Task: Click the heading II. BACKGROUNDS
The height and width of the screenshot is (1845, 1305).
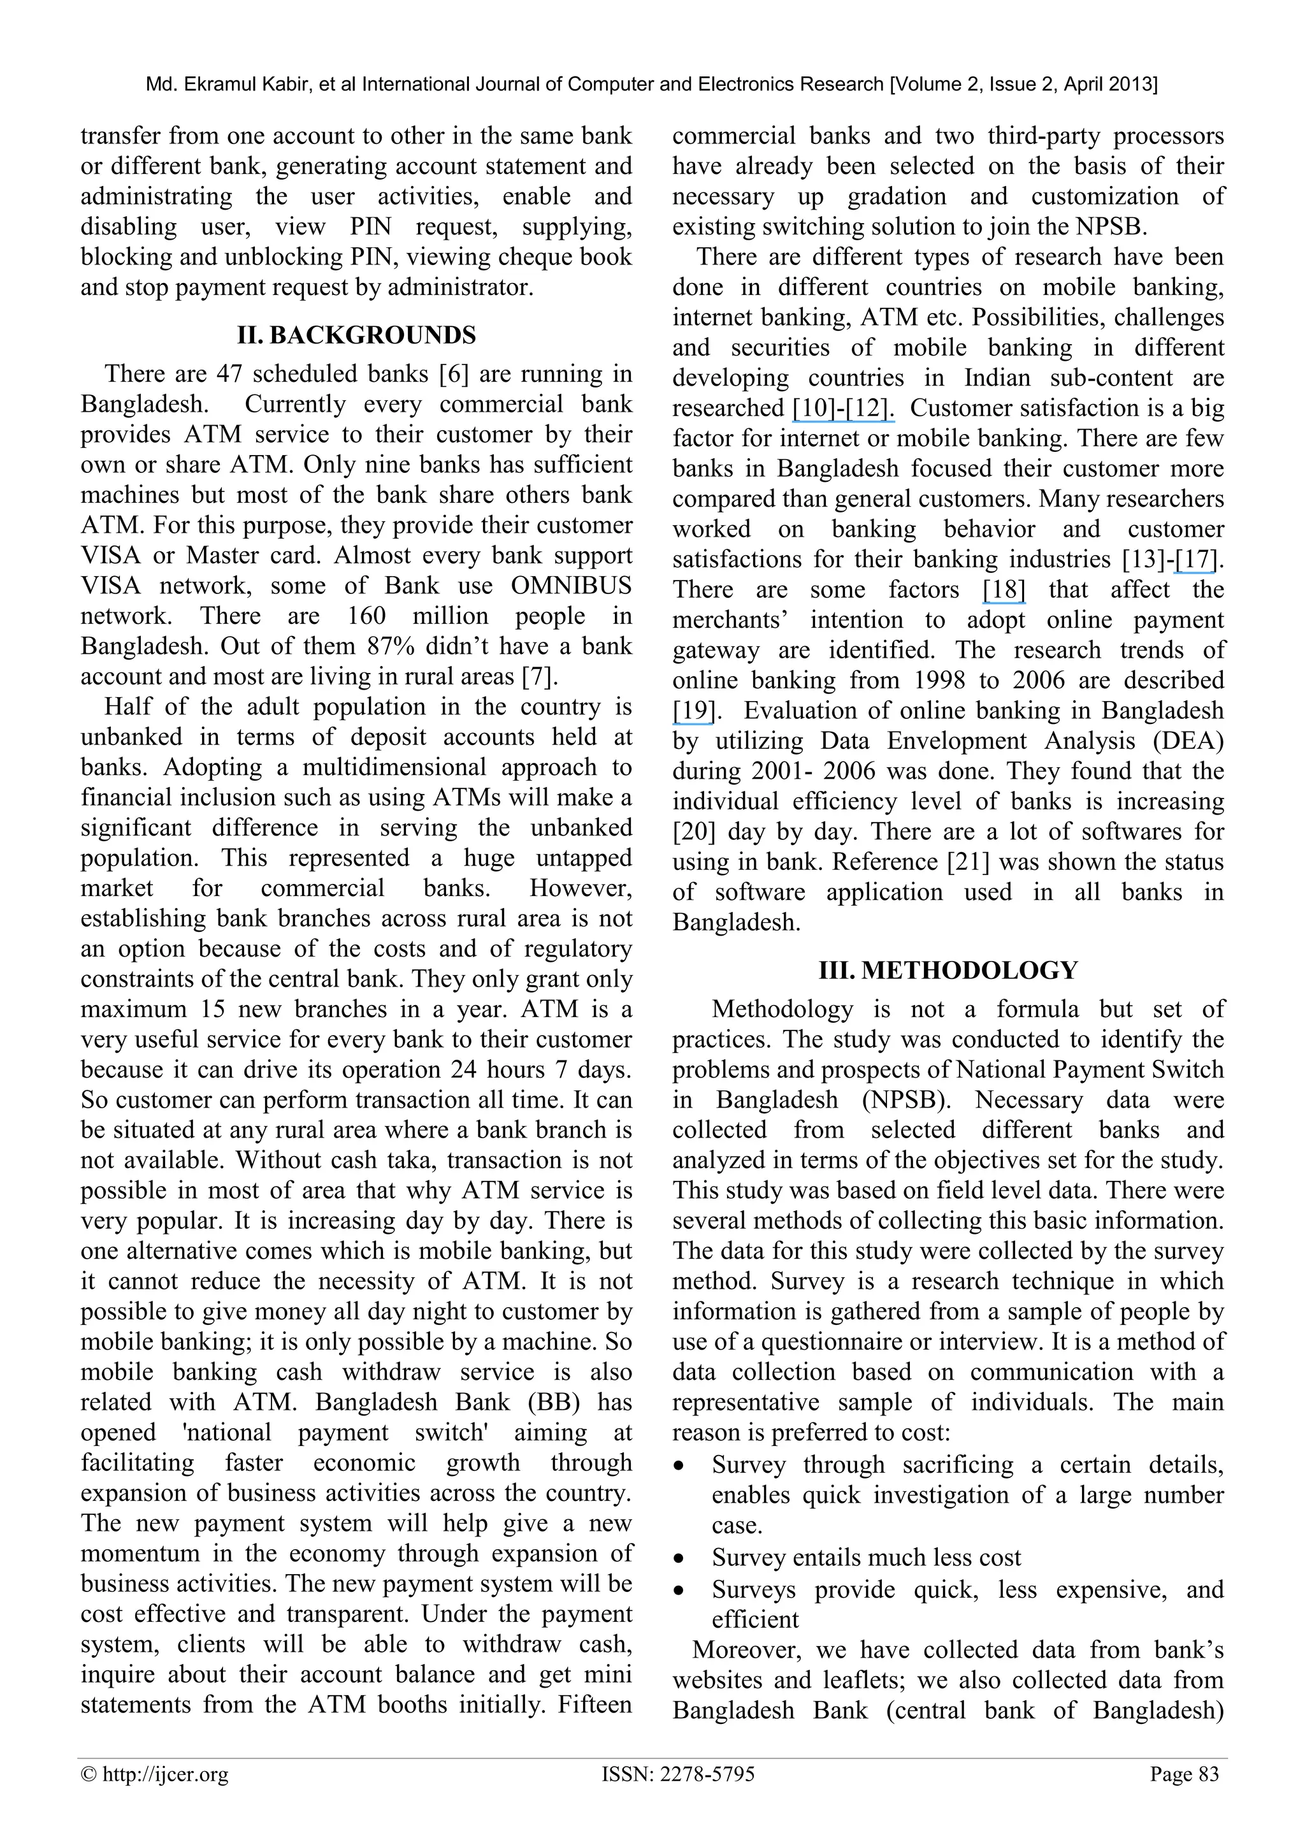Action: (x=356, y=335)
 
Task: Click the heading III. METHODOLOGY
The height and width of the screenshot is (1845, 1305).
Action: (x=948, y=970)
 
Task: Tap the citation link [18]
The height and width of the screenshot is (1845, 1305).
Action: (x=1004, y=590)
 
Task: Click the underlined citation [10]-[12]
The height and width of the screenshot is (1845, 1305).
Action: (x=843, y=409)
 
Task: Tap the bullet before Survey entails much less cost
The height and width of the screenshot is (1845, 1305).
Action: (x=680, y=1558)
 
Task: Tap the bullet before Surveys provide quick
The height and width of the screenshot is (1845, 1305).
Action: (x=680, y=1589)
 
